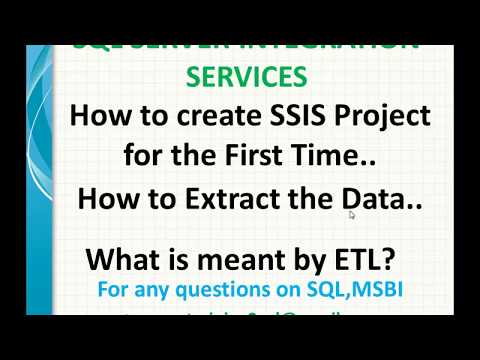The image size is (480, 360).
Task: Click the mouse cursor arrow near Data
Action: pos(352,214)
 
